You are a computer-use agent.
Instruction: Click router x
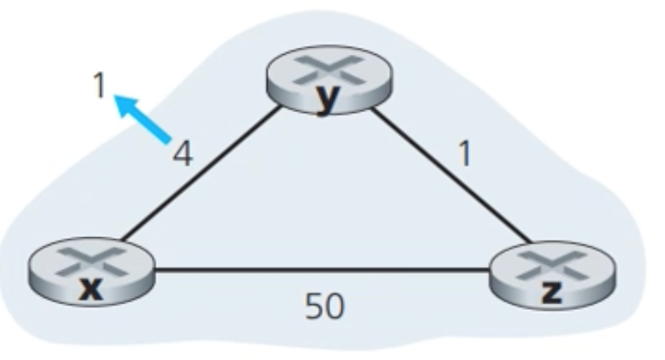(x=90, y=274)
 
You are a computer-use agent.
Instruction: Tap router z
(x=552, y=275)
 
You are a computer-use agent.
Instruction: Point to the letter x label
(x=92, y=289)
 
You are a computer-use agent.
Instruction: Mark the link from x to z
(x=323, y=270)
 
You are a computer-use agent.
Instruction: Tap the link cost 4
(x=184, y=153)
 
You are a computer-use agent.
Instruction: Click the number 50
(x=324, y=305)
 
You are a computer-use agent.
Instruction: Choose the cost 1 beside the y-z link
(x=462, y=153)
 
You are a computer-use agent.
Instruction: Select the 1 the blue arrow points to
(x=98, y=85)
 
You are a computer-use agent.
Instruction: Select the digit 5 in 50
(x=313, y=305)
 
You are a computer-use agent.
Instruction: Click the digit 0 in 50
(x=334, y=305)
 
